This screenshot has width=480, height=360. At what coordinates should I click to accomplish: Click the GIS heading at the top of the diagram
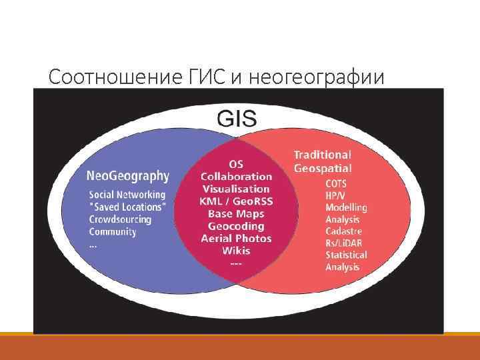(x=237, y=119)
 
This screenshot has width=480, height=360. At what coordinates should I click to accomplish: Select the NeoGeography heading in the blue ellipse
(x=128, y=176)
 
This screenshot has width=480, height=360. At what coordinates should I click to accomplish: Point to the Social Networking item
(x=127, y=195)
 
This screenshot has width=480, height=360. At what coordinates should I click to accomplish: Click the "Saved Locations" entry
(x=128, y=207)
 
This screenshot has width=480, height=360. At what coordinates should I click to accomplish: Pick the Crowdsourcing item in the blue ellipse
(x=121, y=219)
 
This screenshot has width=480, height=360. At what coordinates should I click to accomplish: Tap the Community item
(x=113, y=232)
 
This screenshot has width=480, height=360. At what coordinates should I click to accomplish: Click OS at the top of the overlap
(x=236, y=164)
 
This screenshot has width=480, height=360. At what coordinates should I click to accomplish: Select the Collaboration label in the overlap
(x=237, y=177)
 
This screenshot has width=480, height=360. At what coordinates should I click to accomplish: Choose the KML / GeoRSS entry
(x=237, y=201)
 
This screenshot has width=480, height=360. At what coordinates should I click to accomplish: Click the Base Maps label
(x=236, y=214)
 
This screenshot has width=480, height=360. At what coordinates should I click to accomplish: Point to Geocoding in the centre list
(x=236, y=226)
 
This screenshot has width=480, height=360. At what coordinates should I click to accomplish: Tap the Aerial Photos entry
(x=237, y=239)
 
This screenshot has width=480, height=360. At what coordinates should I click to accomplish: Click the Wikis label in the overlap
(x=236, y=251)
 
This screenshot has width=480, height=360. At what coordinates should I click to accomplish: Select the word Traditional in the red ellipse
(x=322, y=155)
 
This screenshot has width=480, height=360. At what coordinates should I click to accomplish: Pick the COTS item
(x=336, y=183)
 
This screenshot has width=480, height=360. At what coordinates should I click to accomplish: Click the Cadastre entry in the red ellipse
(x=343, y=231)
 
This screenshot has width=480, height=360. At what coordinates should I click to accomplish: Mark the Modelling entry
(x=346, y=207)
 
